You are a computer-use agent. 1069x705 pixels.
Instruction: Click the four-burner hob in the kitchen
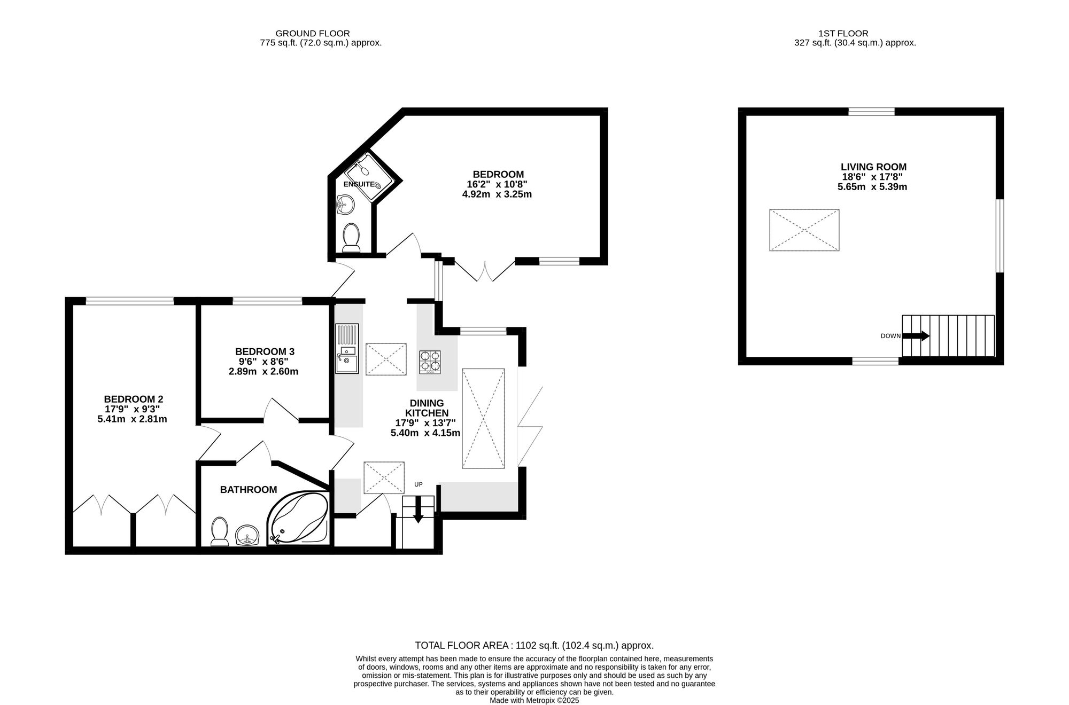coord(430,361)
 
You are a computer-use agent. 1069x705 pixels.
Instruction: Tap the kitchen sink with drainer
coord(347,348)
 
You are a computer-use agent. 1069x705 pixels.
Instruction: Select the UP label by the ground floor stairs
coord(418,484)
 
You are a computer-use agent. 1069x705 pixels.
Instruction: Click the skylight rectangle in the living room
coord(804,230)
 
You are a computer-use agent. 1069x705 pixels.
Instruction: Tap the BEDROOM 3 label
coord(265,351)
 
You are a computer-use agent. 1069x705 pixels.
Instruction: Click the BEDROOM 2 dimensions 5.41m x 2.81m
coord(132,419)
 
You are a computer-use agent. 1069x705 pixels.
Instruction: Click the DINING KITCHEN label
coord(427,408)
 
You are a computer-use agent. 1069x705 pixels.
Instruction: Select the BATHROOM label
coord(249,489)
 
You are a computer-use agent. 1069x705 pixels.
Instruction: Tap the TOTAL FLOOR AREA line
coord(534,645)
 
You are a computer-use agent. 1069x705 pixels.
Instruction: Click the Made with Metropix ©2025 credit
coord(534,700)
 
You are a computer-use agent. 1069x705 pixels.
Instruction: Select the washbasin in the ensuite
coord(345,205)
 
